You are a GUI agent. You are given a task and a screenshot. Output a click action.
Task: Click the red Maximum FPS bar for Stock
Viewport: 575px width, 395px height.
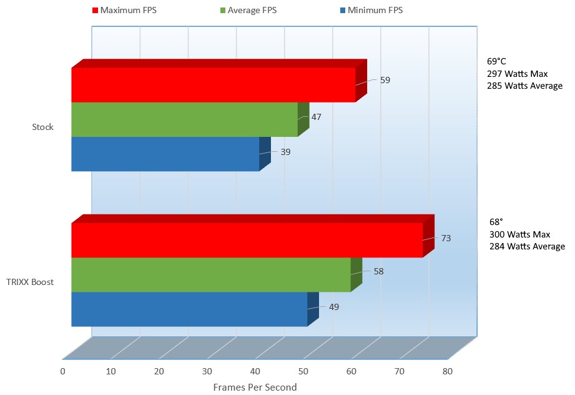coord(212,85)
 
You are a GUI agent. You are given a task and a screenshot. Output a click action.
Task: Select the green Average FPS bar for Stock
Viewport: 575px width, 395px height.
coord(184,119)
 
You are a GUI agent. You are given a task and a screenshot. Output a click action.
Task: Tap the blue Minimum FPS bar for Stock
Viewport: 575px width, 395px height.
coord(165,154)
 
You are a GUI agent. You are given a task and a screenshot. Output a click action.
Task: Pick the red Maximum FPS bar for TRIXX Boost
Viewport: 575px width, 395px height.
coord(247,240)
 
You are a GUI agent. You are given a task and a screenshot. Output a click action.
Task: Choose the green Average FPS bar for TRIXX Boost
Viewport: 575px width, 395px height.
coord(210,274)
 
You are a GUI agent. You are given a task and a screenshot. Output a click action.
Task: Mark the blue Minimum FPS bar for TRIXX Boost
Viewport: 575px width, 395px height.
coord(189,309)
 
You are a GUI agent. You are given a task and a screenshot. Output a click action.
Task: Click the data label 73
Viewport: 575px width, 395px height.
coord(446,238)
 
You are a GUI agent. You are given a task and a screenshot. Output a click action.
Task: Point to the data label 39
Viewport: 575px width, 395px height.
coord(285,151)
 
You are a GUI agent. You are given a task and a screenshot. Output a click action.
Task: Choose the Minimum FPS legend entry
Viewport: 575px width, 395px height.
coord(371,10)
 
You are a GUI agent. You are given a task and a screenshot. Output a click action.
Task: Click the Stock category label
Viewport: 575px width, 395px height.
coord(43,127)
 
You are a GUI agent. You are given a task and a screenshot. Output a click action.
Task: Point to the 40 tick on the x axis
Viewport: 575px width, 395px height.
coord(255,371)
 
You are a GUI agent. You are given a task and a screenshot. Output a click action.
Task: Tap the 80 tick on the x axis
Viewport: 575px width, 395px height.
coord(447,371)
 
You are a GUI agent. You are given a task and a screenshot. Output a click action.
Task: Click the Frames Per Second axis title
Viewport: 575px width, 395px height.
coord(255,387)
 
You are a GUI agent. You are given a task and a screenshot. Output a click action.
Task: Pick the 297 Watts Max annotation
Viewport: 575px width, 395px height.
coord(517,74)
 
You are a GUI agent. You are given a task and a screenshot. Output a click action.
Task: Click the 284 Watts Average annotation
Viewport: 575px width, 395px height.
coord(527,246)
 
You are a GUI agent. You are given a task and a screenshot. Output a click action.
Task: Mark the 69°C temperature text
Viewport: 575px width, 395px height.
coord(498,62)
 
